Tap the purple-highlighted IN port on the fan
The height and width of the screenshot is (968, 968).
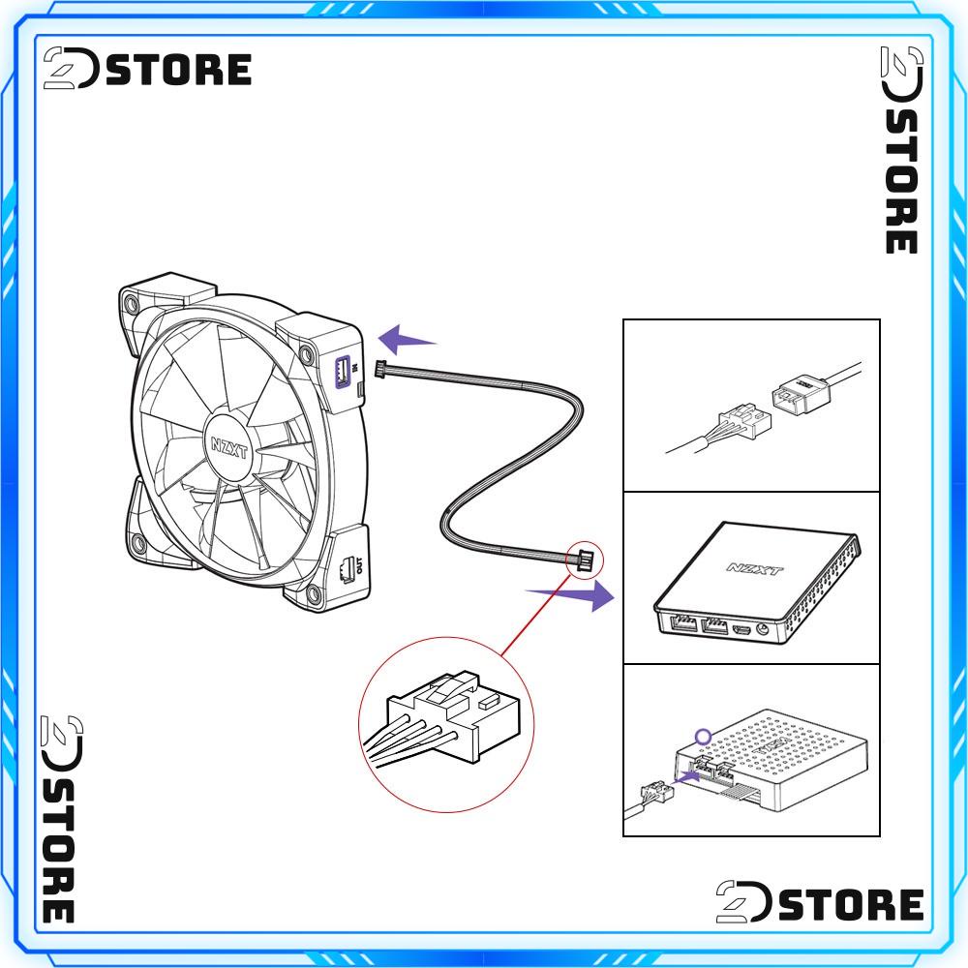point(342,370)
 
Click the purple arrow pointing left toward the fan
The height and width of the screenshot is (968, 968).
point(407,340)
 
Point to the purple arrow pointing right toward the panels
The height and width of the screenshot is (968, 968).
point(570,593)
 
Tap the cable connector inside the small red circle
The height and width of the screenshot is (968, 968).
point(585,559)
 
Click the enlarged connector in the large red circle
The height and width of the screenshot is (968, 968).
point(455,717)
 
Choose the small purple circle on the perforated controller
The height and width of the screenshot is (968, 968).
point(704,737)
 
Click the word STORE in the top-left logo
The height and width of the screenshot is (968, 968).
point(179,71)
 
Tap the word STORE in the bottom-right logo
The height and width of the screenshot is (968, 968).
point(852,904)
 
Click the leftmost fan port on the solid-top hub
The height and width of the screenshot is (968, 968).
point(681,624)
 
